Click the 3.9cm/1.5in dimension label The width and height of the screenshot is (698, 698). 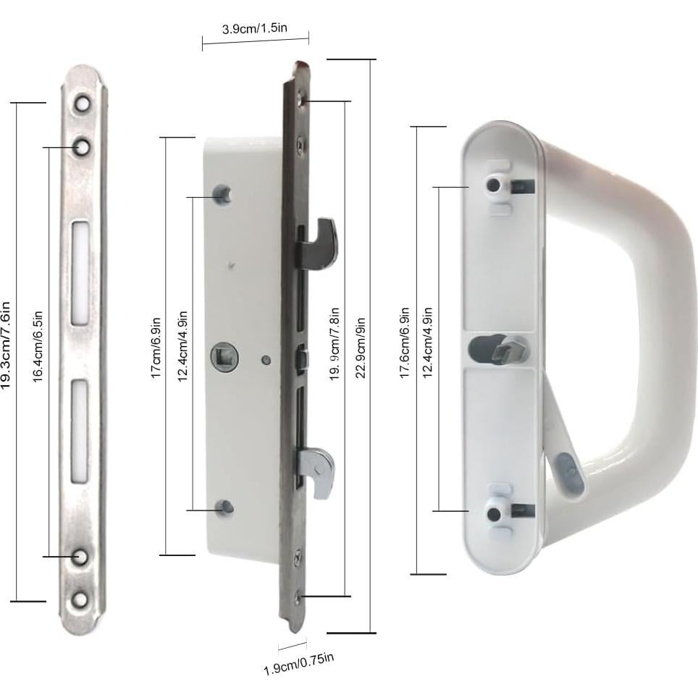tap(254, 29)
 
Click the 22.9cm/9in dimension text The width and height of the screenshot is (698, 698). tap(360, 348)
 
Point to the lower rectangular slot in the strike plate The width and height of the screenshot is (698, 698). tap(80, 431)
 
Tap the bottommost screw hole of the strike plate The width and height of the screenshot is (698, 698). tap(81, 599)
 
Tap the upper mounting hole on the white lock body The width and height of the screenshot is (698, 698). tap(223, 194)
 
